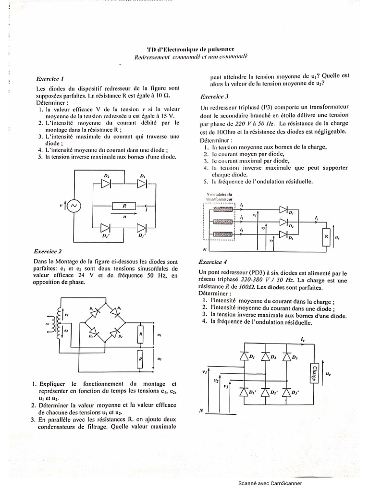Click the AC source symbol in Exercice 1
pos(75,206)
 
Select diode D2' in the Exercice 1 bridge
pos(106,227)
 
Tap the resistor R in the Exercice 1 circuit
pos(124,206)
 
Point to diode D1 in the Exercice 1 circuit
pos(142,184)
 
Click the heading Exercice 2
pos(48,251)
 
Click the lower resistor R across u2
pos(140,358)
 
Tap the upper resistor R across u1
pos(140,332)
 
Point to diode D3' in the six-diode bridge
pos(288,393)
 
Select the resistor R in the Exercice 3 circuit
pos(326,237)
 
